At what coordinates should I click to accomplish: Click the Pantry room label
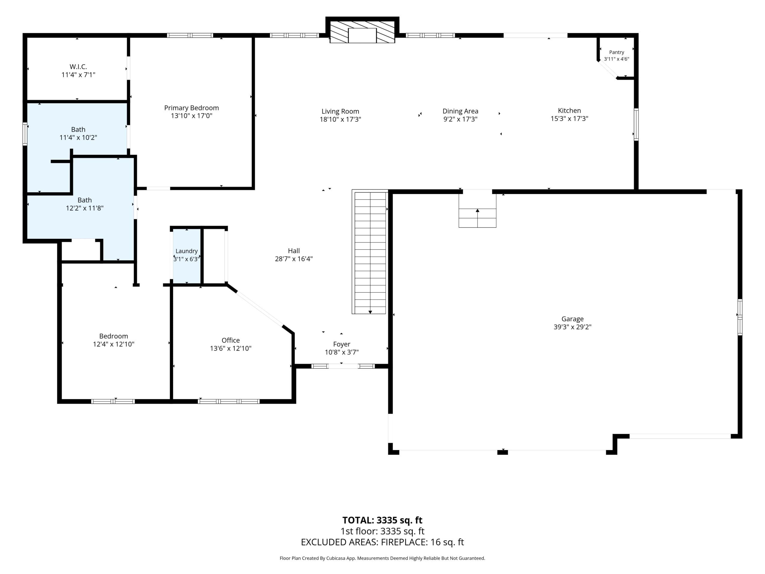pyautogui.click(x=617, y=52)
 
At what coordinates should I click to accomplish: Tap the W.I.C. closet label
pyautogui.click(x=78, y=66)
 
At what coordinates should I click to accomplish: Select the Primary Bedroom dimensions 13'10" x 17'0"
pyautogui.click(x=192, y=116)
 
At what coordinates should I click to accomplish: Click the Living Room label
pyautogui.click(x=340, y=112)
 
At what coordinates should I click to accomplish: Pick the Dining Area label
pyautogui.click(x=460, y=111)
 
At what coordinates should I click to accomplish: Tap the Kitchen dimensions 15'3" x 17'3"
pyautogui.click(x=569, y=118)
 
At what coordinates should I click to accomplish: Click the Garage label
pyautogui.click(x=572, y=319)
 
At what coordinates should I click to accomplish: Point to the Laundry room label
pyautogui.click(x=186, y=251)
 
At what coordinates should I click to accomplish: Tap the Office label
pyautogui.click(x=231, y=341)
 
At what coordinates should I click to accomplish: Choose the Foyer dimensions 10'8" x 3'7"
pyautogui.click(x=342, y=352)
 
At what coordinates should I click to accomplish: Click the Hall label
pyautogui.click(x=294, y=251)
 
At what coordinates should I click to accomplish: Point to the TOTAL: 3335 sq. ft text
pyautogui.click(x=382, y=520)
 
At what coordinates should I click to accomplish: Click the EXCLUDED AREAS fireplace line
pyautogui.click(x=382, y=542)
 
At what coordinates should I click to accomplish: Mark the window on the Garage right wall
pyautogui.click(x=740, y=317)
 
